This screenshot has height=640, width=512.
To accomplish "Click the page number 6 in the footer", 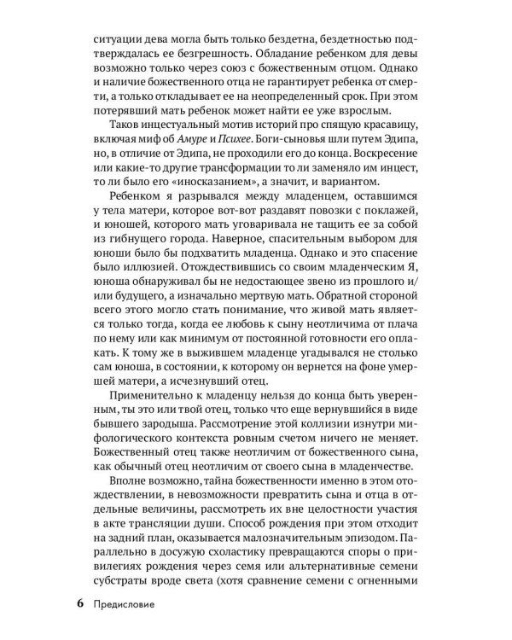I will pos(79,607).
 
